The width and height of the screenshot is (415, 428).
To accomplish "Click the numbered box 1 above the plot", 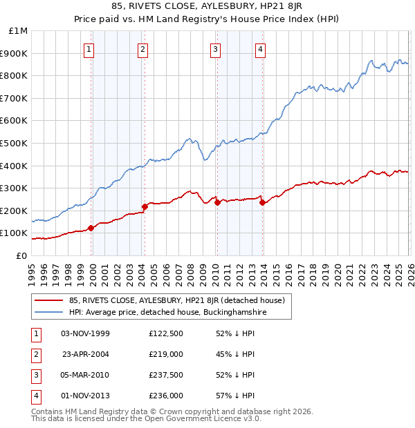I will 91,49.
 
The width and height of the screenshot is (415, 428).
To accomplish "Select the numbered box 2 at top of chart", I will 142,49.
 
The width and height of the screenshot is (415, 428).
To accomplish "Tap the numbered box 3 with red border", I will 216,49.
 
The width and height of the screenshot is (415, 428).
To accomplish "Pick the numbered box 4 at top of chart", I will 260,49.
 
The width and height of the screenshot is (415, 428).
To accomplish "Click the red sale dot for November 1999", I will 91,228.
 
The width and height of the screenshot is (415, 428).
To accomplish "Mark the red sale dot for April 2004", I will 145,206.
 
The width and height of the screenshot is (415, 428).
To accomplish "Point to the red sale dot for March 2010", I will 217,202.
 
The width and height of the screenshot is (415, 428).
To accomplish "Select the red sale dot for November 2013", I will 262,202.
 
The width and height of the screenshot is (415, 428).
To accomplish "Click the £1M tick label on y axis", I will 19,31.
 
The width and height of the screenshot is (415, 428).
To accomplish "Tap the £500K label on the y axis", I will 15,144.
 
